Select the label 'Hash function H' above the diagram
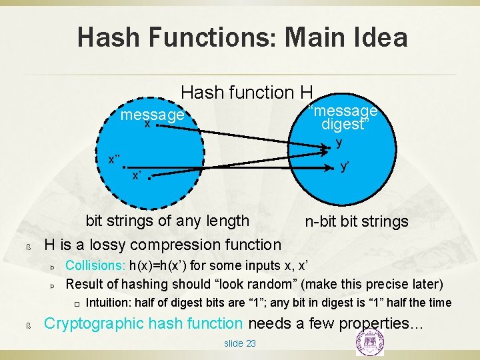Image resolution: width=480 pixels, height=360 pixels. tap(247, 92)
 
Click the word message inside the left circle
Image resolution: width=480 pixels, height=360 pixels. tap(152, 115)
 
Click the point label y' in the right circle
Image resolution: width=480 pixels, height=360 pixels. tap(345, 167)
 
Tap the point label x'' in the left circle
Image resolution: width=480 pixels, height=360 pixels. tap(115, 159)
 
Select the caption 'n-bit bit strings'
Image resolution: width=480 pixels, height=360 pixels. tap(357, 221)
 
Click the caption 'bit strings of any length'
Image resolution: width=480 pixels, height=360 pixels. tap(167, 221)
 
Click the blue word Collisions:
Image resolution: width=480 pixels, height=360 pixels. tap(95, 266)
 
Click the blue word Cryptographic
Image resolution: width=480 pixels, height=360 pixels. tap(93, 324)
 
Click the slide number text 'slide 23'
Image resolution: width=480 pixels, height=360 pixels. tap(239, 343)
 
